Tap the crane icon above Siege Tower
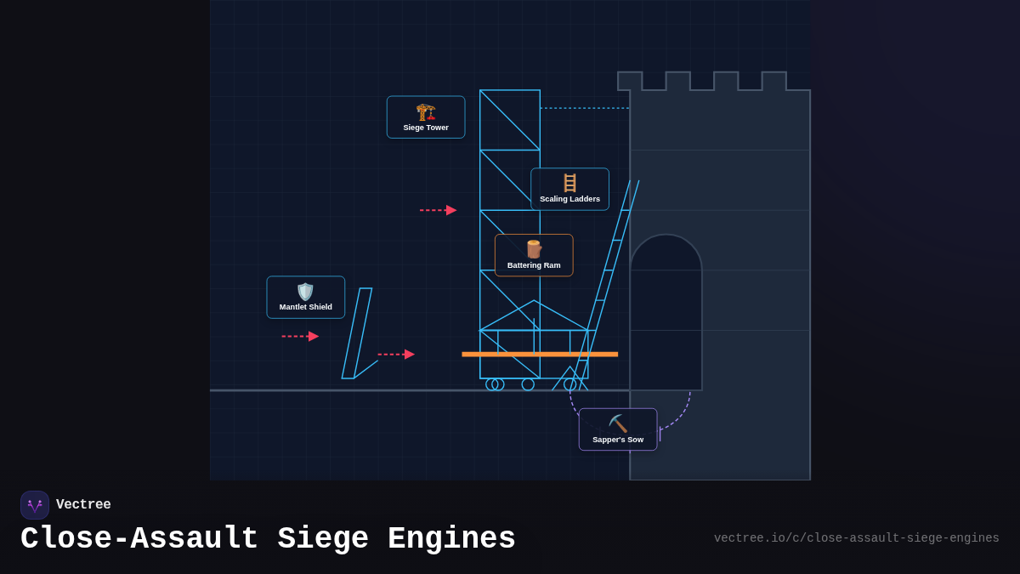tap(426, 111)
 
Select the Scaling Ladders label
tap(569, 199)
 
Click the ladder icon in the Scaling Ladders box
tap(569, 183)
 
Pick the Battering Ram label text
tap(534, 265)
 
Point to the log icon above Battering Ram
tap(534, 249)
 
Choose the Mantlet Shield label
tap(306, 307)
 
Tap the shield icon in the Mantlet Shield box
tap(305, 292)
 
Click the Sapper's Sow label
tap(618, 440)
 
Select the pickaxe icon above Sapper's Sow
tap(618, 423)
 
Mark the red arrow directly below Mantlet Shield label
tap(300, 337)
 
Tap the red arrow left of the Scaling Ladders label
tap(439, 210)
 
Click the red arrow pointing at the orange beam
tap(396, 355)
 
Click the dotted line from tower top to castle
tap(585, 108)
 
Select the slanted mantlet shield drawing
tap(357, 333)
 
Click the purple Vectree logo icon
tap(35, 505)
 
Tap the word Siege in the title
tap(323, 539)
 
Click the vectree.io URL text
tap(856, 538)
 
